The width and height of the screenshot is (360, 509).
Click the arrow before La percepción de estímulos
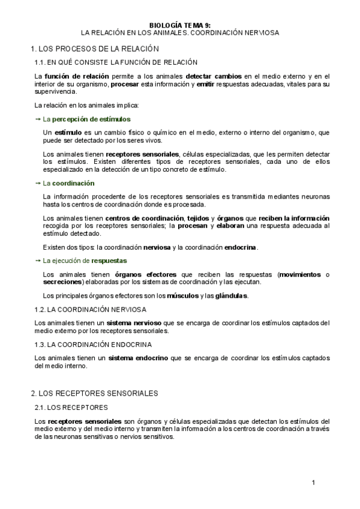click(x=38, y=119)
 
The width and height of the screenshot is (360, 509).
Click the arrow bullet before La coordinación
click(x=38, y=183)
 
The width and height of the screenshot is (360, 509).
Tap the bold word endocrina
click(x=239, y=247)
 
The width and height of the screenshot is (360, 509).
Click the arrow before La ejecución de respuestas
click(x=38, y=261)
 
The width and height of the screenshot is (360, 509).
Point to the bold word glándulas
click(x=231, y=296)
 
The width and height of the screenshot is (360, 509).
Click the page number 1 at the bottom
click(x=313, y=483)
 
